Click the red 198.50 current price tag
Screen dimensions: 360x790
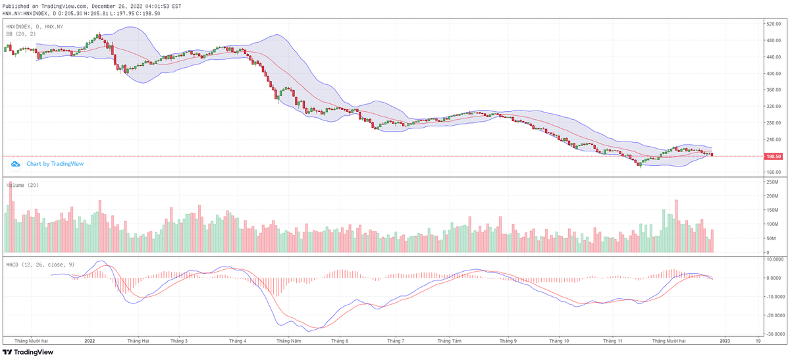click(773, 157)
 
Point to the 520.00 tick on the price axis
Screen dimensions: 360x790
click(773, 24)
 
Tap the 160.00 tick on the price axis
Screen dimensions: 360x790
click(773, 172)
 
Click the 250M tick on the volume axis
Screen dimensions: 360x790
click(772, 182)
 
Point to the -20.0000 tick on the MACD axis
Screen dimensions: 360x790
click(773, 315)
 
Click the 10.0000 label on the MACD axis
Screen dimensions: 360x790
click(773, 259)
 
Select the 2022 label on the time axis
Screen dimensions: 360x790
click(90, 341)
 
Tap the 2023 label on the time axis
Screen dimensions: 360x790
click(724, 341)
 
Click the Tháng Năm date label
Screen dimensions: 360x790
click(288, 341)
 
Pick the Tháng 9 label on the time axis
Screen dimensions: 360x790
click(508, 341)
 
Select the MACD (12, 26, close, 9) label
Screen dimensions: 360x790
click(39, 264)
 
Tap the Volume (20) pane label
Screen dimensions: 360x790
click(22, 185)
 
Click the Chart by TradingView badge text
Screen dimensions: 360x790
click(55, 164)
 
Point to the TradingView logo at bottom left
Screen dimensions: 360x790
click(33, 352)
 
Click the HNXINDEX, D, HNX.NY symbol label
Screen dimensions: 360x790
click(35, 26)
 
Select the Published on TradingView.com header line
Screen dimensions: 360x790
click(92, 5)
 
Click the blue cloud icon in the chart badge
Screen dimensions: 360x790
click(14, 164)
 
